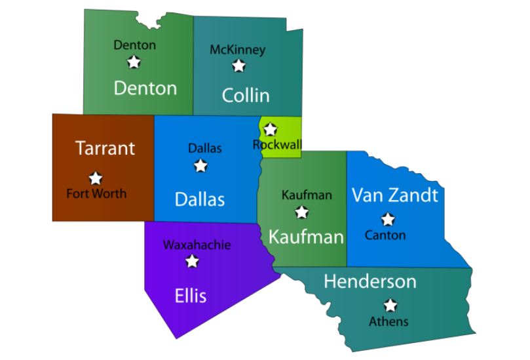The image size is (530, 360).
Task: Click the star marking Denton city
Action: [x=134, y=62]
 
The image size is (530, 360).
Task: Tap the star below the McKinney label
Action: [x=238, y=66]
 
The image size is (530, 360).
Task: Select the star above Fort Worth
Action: [x=96, y=178]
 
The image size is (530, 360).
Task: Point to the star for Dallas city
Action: [x=200, y=166]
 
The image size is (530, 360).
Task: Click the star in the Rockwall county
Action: [x=270, y=129]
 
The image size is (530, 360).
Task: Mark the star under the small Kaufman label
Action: [x=301, y=212]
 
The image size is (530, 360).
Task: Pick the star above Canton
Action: [x=388, y=220]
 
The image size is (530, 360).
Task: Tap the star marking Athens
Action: [x=390, y=305]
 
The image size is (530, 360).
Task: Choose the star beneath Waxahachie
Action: [x=192, y=262]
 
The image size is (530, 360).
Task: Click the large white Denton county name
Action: [x=145, y=89]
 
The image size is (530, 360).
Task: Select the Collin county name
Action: [x=246, y=96]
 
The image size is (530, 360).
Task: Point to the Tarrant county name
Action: [x=105, y=148]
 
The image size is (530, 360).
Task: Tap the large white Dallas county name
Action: [x=200, y=199]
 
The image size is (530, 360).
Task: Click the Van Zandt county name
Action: [x=394, y=195]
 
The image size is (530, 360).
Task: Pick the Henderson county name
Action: [x=370, y=282]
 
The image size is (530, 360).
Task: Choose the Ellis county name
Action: [x=191, y=296]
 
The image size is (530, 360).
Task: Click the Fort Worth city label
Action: [x=96, y=193]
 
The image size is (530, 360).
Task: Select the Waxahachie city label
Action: [x=197, y=245]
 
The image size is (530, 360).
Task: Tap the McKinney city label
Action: [x=238, y=50]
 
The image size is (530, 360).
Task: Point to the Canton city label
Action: [x=385, y=235]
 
